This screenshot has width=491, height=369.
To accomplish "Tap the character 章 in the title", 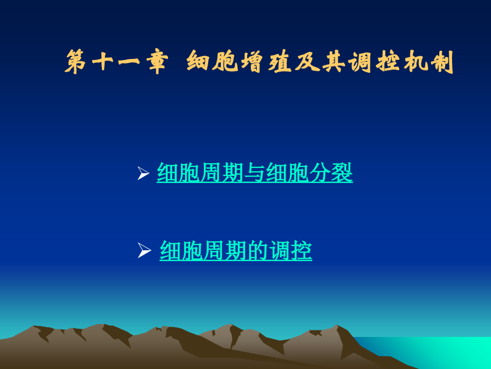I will (156, 62).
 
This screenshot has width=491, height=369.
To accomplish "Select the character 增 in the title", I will (255, 62).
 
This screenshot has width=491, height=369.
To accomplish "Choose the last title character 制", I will (443, 62).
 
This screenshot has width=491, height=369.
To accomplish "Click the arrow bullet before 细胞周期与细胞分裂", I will (142, 173).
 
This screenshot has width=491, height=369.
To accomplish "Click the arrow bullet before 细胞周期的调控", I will (144, 250).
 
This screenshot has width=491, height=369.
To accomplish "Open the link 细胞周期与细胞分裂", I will (255, 173).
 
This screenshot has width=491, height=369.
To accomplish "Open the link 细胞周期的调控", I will (236, 251).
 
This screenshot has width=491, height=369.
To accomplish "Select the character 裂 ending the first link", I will (342, 173).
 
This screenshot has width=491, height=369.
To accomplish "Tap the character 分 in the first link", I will (320, 173).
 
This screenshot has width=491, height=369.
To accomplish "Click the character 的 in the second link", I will (258, 251).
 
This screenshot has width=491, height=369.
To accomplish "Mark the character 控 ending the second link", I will (302, 251).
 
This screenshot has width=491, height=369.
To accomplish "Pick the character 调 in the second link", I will (280, 251).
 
